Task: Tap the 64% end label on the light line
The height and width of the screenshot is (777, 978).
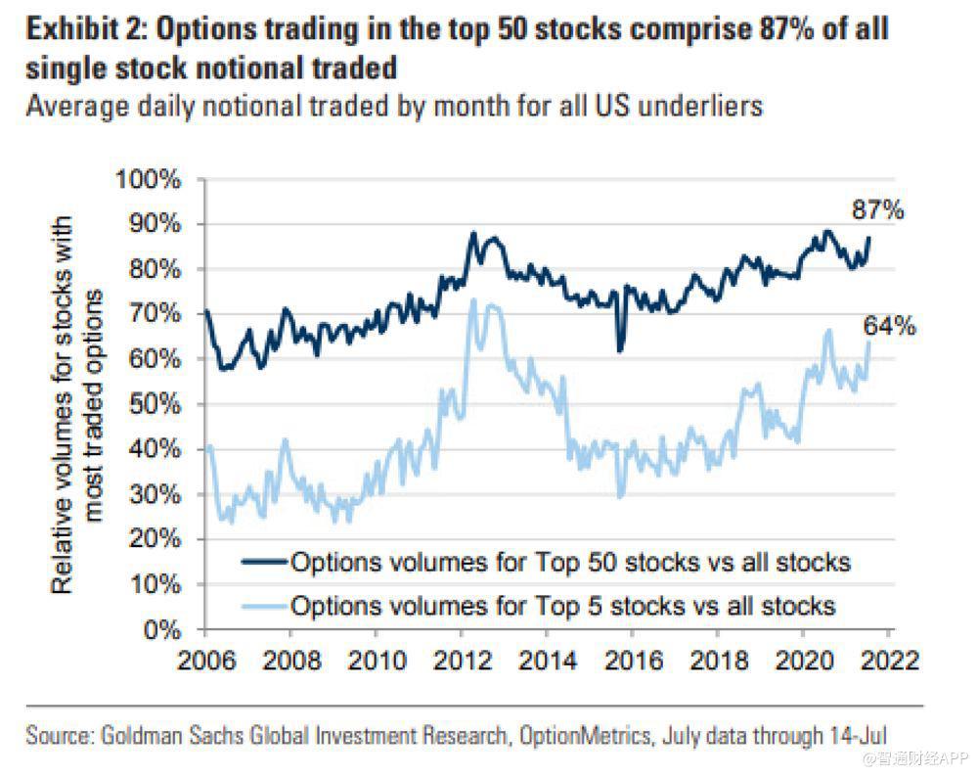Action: (x=890, y=326)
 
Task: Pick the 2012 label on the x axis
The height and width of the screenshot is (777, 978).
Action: (x=461, y=658)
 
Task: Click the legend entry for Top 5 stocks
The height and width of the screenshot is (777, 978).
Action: (x=562, y=606)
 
